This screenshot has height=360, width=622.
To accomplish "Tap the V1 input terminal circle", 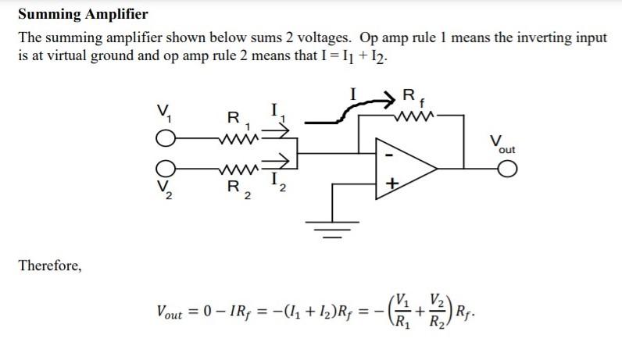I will [x=165, y=139].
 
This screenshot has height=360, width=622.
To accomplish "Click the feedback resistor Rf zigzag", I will [x=411, y=116].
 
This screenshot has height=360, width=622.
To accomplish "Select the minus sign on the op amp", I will [x=390, y=154].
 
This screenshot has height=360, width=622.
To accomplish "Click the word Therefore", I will [x=49, y=266].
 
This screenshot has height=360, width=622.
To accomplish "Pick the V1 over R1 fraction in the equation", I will [x=402, y=309].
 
